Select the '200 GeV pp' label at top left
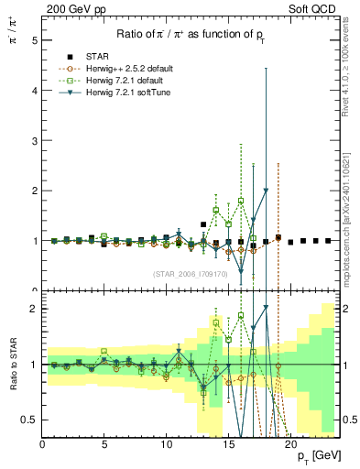[x=73, y=9]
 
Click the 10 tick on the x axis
[x=166, y=445]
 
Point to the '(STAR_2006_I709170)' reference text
[x=191, y=274]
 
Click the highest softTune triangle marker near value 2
[x=266, y=191]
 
